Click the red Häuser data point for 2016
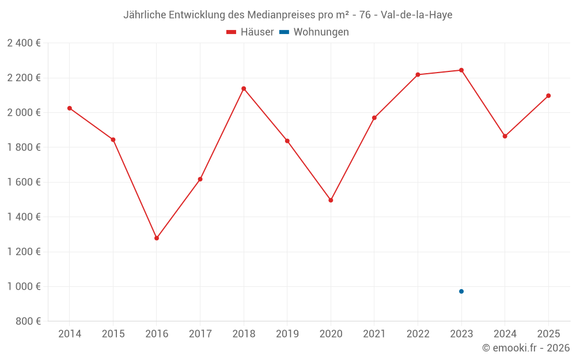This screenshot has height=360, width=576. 157,238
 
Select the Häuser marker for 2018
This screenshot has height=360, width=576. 244,89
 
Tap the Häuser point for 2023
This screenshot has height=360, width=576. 461,70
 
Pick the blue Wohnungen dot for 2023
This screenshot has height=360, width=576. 461,291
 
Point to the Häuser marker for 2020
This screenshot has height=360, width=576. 331,200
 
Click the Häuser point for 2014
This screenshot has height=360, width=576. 70,108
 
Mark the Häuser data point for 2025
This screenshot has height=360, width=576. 548,96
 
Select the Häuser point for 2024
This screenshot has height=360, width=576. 505,137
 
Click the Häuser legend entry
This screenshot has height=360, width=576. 250,32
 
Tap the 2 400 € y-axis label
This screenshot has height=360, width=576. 24,43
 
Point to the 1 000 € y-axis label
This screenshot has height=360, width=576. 24,286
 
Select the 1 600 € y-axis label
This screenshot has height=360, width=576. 24,182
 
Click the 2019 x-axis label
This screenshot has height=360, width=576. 287,334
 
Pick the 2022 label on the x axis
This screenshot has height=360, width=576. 418,334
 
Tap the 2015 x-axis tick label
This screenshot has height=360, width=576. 113,334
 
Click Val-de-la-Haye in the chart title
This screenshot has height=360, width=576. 416,15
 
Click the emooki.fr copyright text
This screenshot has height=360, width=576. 526,348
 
